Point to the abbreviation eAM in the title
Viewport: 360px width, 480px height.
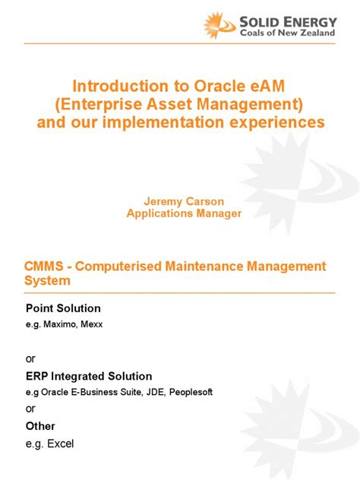(266, 88)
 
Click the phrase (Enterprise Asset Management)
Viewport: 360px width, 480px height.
(180, 105)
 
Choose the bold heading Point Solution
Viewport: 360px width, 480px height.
(63, 308)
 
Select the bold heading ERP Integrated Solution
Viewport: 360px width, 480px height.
(89, 376)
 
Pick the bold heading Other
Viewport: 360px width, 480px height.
(40, 426)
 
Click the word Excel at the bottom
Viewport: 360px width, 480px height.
(62, 444)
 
